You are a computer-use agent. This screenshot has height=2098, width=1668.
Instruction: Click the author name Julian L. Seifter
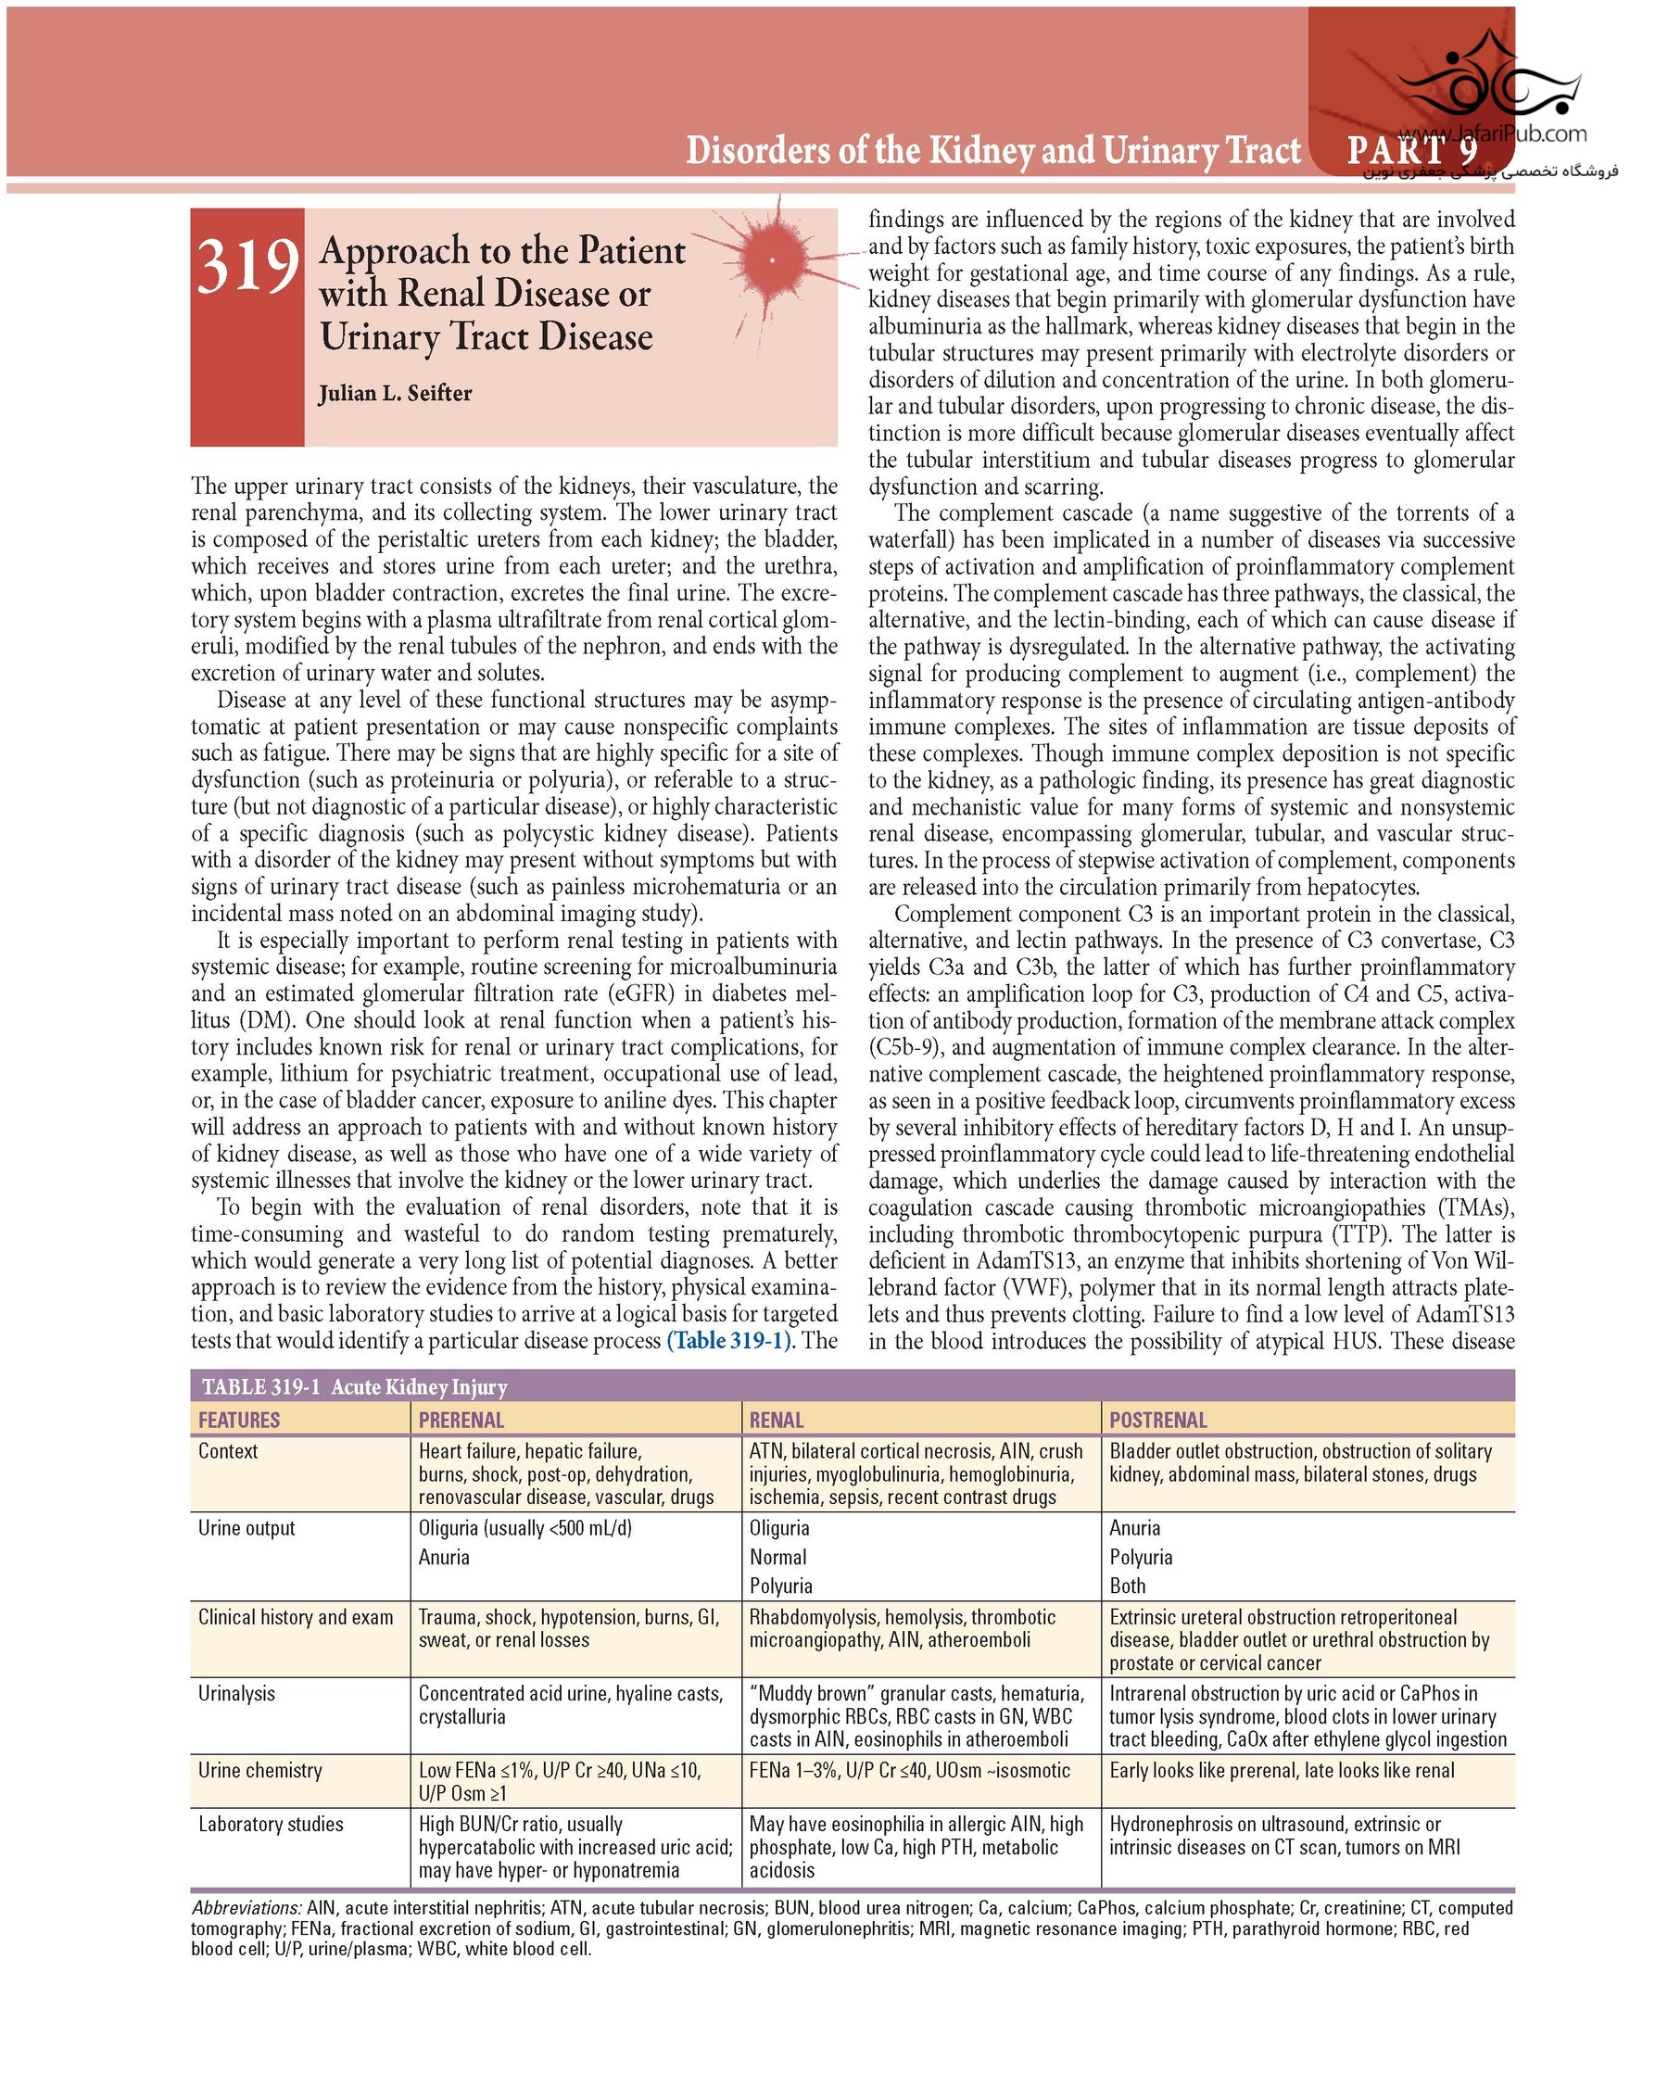click(x=395, y=393)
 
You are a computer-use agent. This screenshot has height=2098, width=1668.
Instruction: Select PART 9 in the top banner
click(x=1411, y=150)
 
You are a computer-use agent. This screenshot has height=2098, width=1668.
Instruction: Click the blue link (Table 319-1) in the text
click(x=728, y=1340)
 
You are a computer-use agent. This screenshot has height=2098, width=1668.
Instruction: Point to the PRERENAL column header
click(x=461, y=1420)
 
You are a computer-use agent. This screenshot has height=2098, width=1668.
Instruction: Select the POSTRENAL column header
click(x=1157, y=1420)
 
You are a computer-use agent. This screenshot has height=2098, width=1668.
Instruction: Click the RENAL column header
click(x=777, y=1420)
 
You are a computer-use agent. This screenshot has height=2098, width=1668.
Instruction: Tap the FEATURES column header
click(x=239, y=1420)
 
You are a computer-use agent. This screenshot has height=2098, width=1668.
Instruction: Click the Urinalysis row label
click(x=236, y=1693)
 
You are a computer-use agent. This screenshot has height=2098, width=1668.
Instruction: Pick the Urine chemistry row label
click(x=259, y=1770)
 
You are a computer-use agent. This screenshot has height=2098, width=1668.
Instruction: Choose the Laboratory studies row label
click(x=271, y=1824)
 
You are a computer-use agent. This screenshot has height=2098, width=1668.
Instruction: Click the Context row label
click(x=228, y=1451)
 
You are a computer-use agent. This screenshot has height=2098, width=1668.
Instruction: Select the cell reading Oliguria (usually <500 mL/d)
click(x=525, y=1528)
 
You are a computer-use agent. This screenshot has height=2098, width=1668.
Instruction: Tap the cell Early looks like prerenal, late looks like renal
click(x=1282, y=1770)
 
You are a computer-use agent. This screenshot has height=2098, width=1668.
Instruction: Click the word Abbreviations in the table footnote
click(x=247, y=1907)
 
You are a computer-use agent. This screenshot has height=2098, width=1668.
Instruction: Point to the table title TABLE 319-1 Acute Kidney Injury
click(x=354, y=1386)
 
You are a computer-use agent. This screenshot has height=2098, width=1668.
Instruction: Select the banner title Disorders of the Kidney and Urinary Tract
click(x=992, y=151)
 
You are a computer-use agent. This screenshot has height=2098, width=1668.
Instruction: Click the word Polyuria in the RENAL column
click(x=780, y=1586)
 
